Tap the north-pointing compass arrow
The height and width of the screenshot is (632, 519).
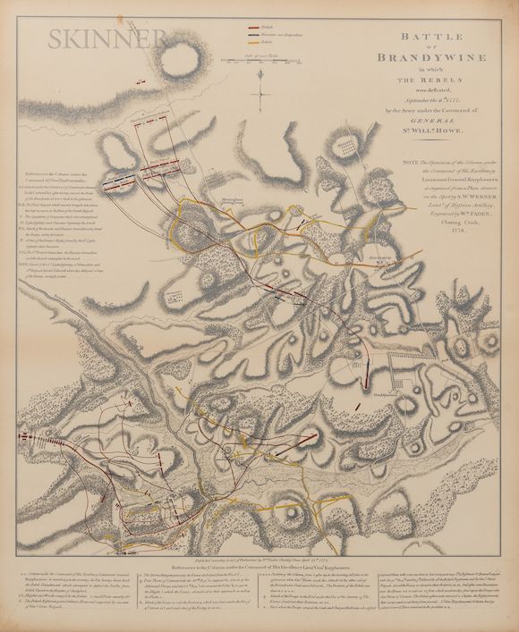[x=259, y=93]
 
